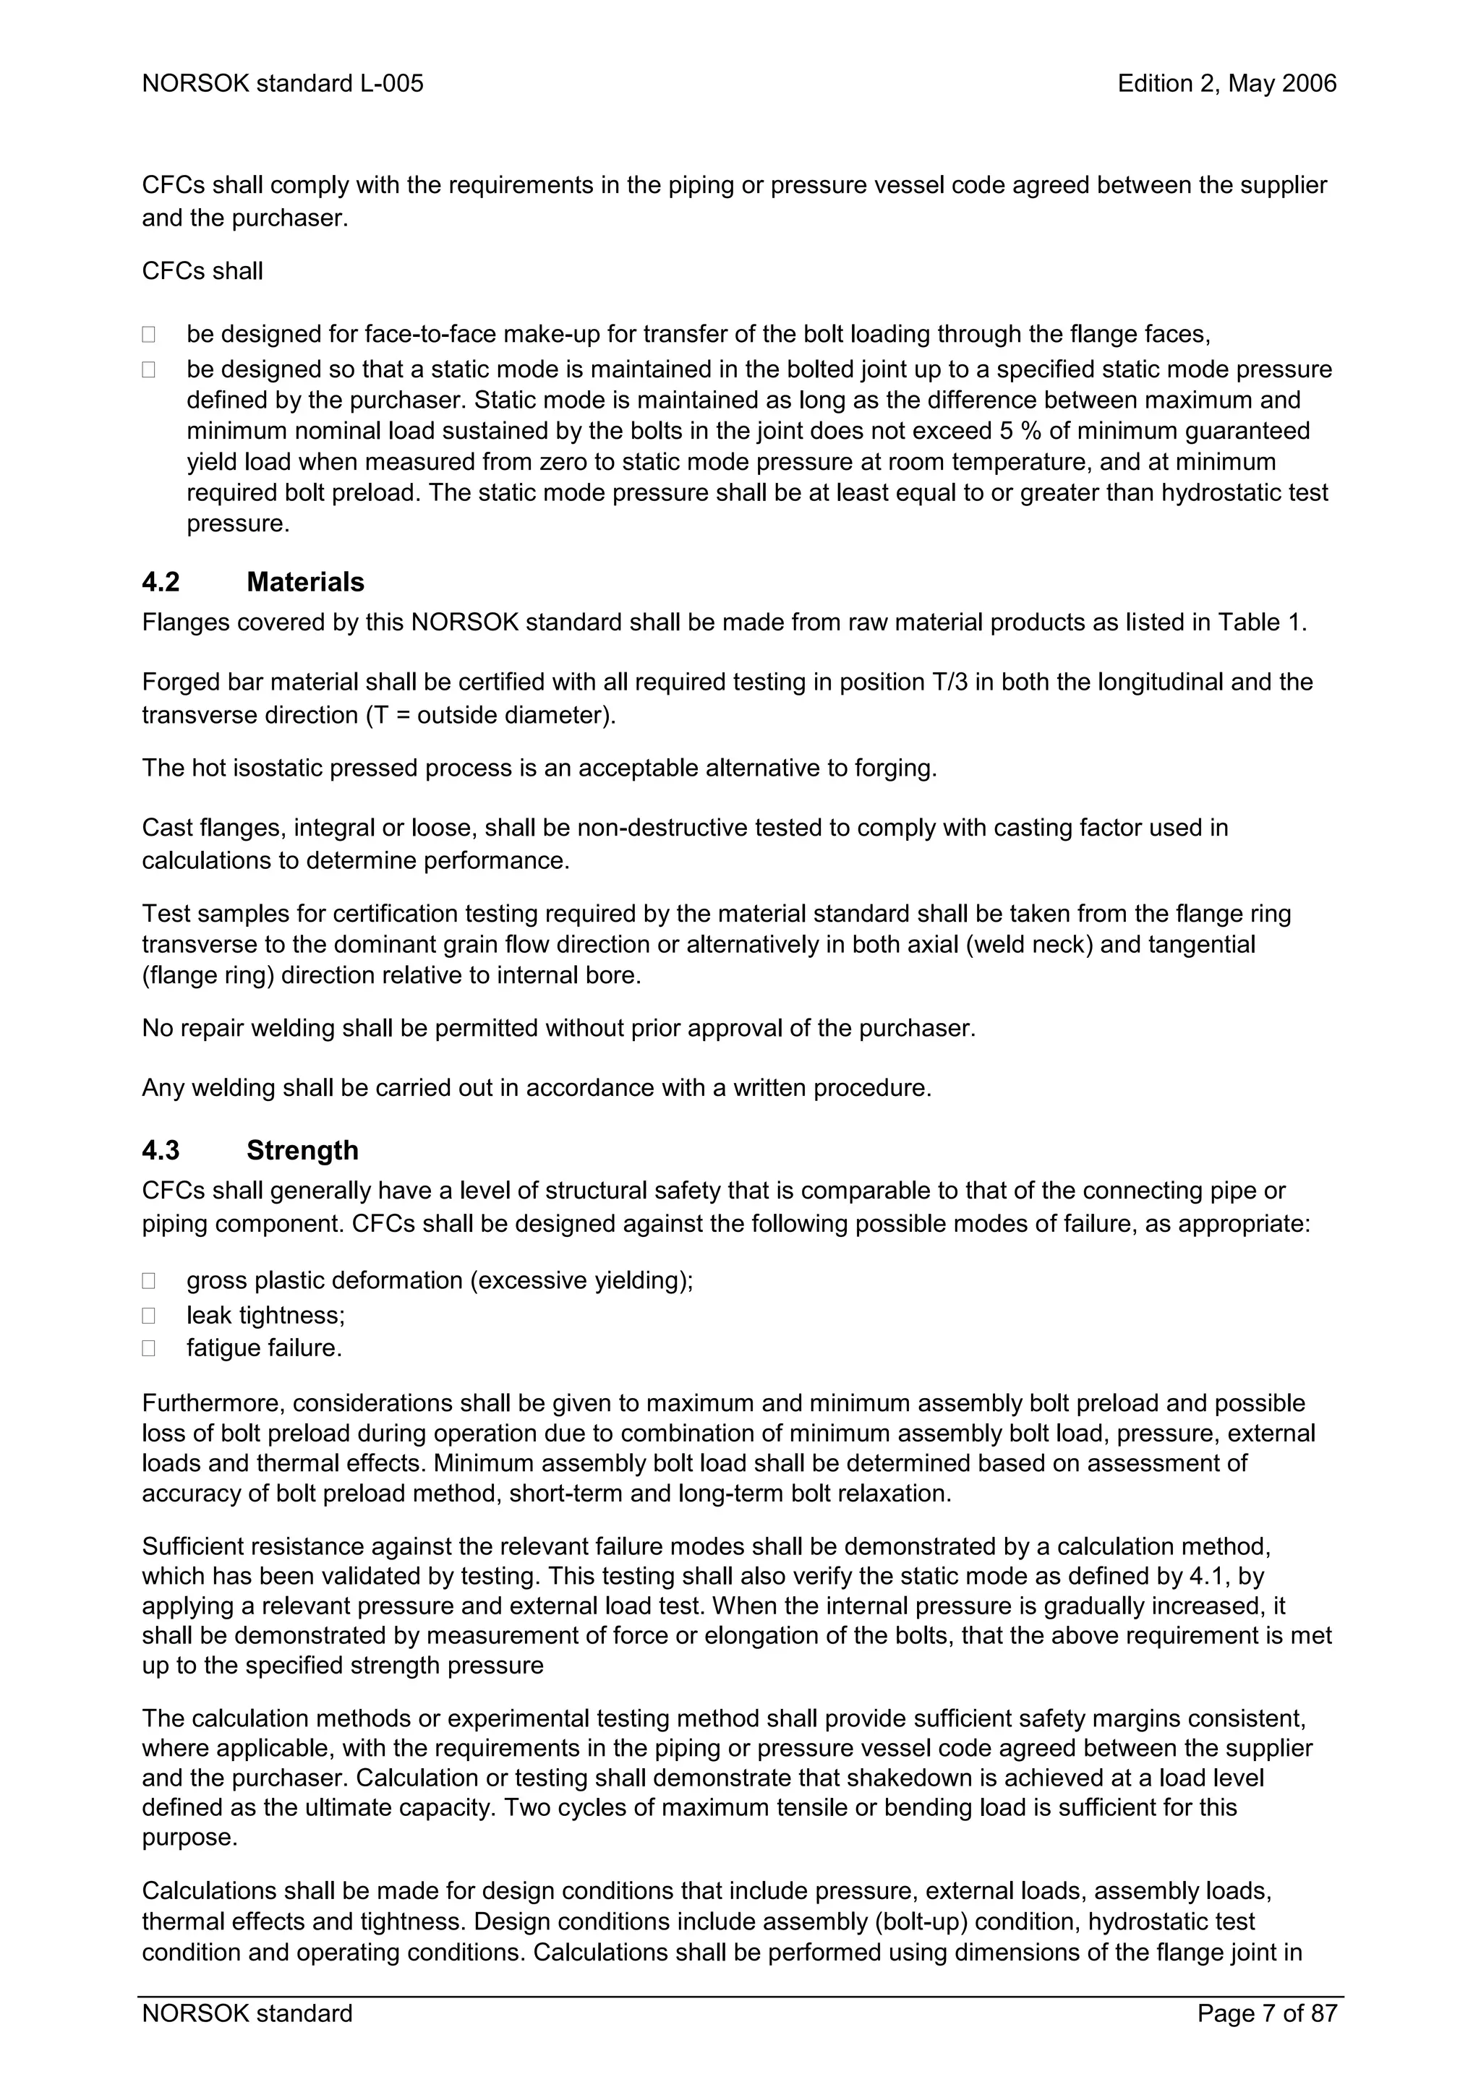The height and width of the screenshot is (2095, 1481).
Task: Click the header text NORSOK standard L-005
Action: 283,84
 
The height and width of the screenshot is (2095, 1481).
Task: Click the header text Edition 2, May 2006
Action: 1226,84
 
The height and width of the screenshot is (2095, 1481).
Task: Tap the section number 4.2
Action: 161,582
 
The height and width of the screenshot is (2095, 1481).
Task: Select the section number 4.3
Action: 161,1151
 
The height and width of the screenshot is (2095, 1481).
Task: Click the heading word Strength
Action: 302,1151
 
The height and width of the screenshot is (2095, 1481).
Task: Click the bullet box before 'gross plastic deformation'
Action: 149,1281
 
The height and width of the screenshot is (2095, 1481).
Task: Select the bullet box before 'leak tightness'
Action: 149,1316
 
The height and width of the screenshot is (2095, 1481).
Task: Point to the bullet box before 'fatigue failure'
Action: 149,1349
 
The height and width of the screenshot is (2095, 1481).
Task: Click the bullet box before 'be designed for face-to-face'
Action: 149,335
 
